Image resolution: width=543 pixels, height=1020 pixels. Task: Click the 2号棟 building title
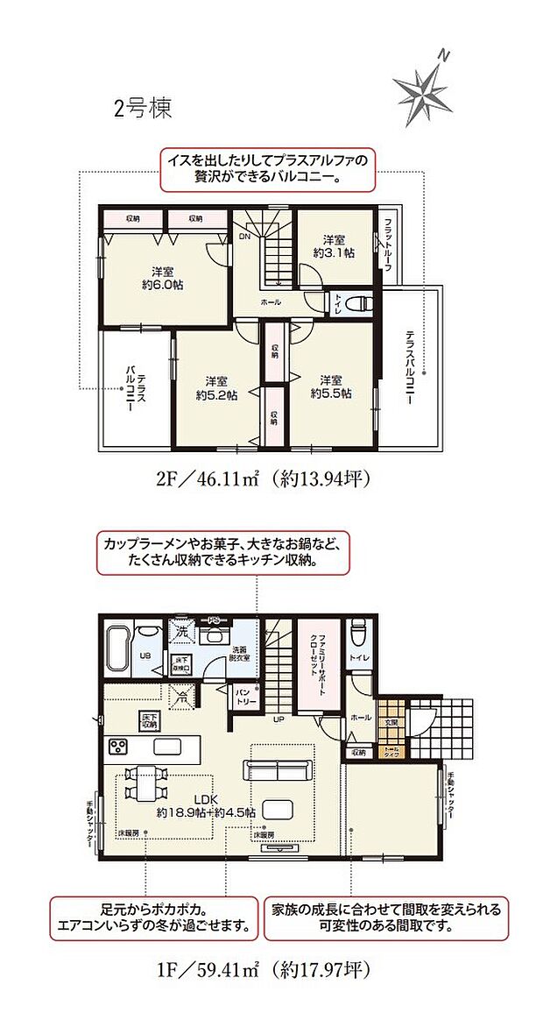click(x=142, y=109)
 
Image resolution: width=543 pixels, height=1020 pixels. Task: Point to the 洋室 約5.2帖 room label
click(x=218, y=387)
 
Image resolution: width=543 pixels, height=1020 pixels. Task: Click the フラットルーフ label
click(x=387, y=246)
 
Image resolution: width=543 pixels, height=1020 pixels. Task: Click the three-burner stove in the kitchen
click(x=119, y=747)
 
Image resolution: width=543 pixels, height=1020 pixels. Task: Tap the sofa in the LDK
click(x=279, y=770)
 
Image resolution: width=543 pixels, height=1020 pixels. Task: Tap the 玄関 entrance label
click(x=391, y=722)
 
